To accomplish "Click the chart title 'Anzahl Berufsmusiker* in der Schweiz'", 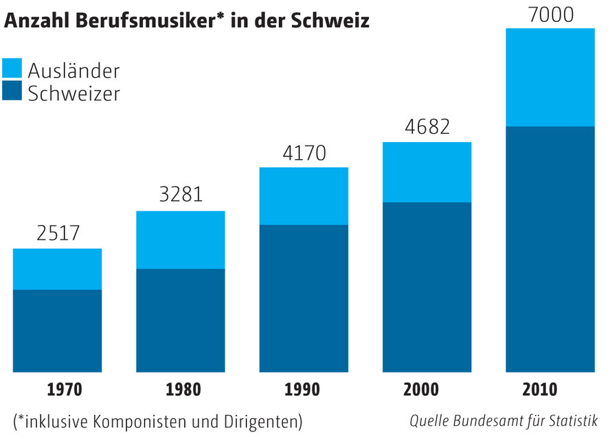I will coord(188,21).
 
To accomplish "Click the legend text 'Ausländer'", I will coord(73,70).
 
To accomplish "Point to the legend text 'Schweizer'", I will coord(73,93).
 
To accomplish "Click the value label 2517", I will coord(58,233).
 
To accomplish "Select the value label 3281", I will coord(181,195).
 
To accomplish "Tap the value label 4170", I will coord(304,152).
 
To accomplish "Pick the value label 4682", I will coord(427,127).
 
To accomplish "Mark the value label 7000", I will coord(549,14).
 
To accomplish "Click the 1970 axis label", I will coord(64,390).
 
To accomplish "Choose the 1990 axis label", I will coord(302,390).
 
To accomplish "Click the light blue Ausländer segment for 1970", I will coord(58,269).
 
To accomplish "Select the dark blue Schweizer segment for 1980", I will coord(181,320).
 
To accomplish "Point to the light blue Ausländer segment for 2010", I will coord(549,78).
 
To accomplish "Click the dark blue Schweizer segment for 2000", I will coord(427,287).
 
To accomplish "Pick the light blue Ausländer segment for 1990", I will coord(304,196).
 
